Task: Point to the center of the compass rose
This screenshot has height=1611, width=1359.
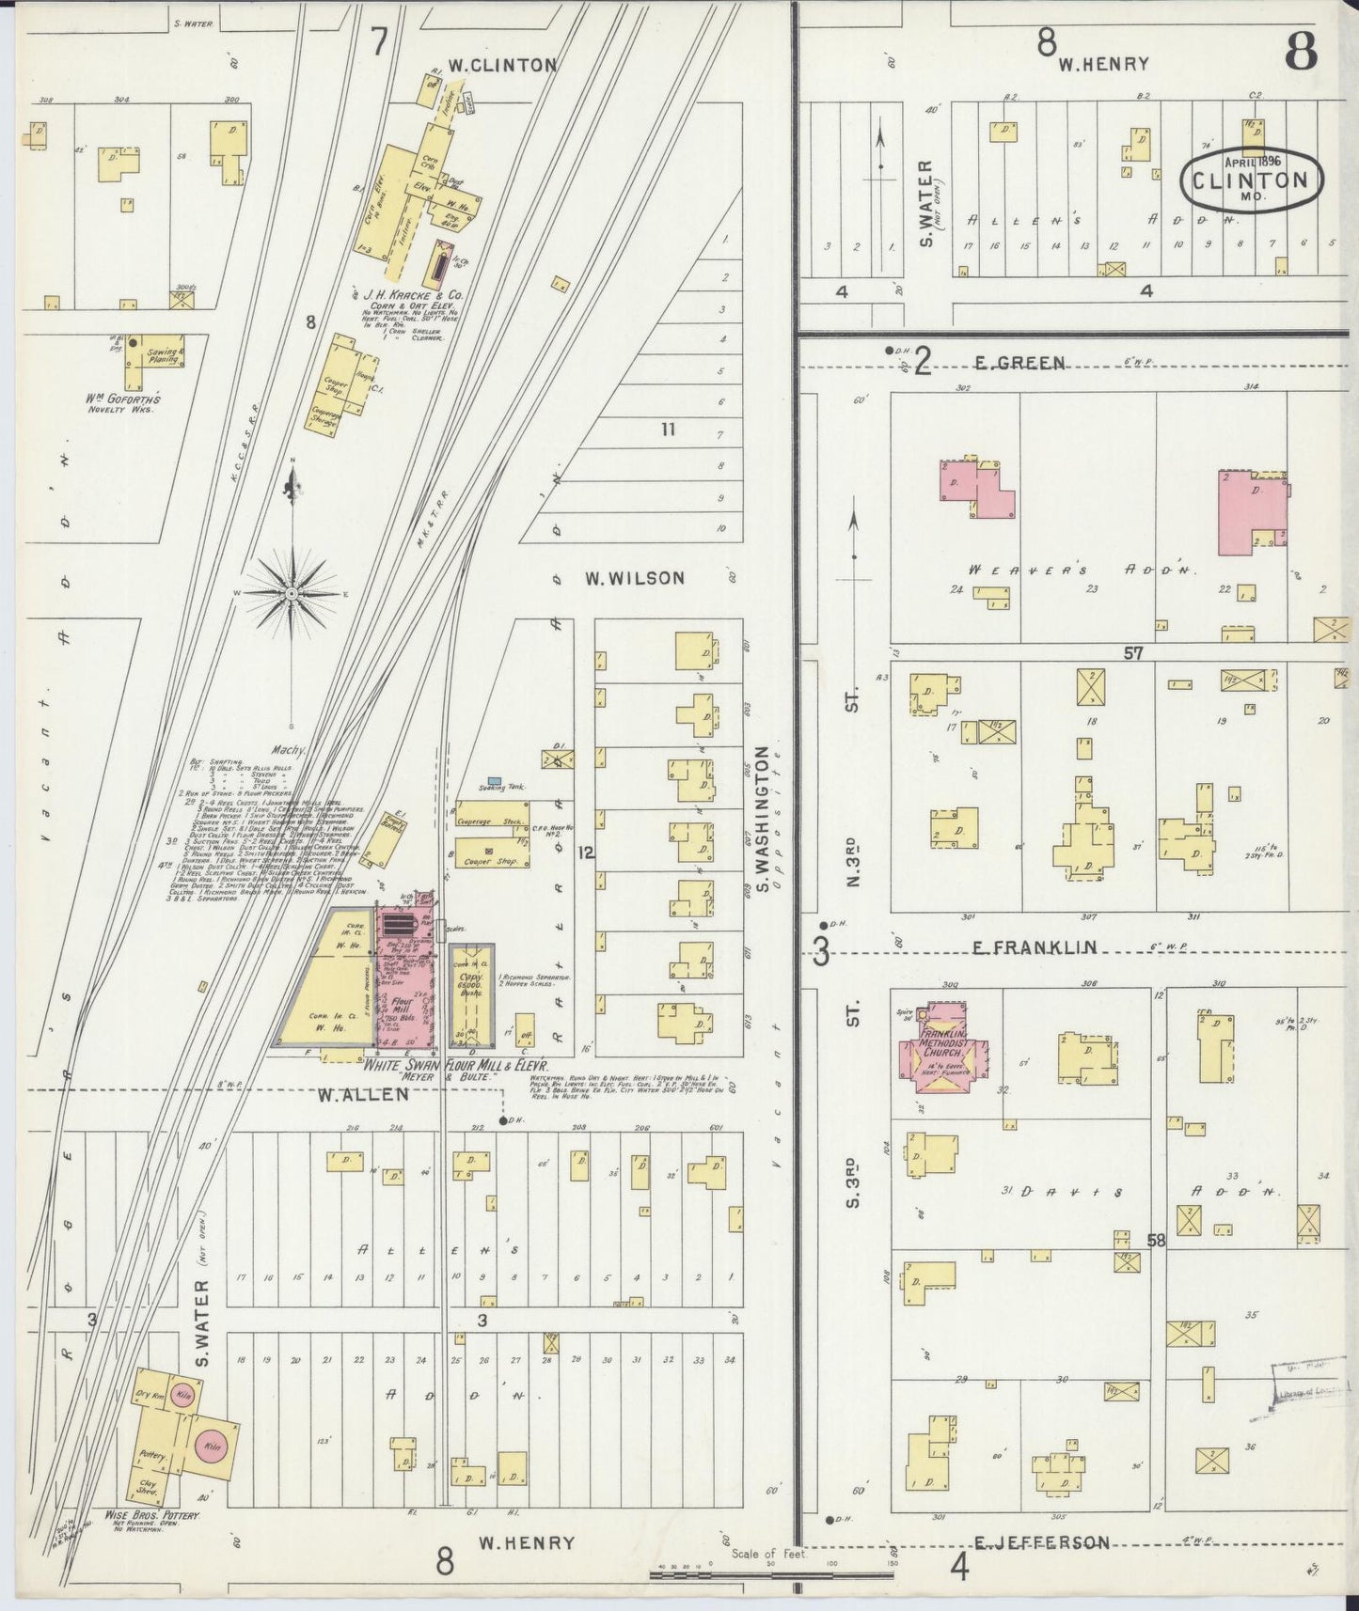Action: (292, 594)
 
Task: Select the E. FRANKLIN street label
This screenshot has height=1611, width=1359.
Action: (1034, 947)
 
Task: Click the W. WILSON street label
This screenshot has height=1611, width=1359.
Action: (635, 578)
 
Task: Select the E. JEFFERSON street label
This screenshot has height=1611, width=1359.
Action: (1041, 1542)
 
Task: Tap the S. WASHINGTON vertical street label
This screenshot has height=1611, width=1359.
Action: (764, 820)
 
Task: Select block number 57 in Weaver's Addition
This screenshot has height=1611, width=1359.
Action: (1133, 652)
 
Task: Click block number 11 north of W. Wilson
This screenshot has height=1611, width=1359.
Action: (668, 430)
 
